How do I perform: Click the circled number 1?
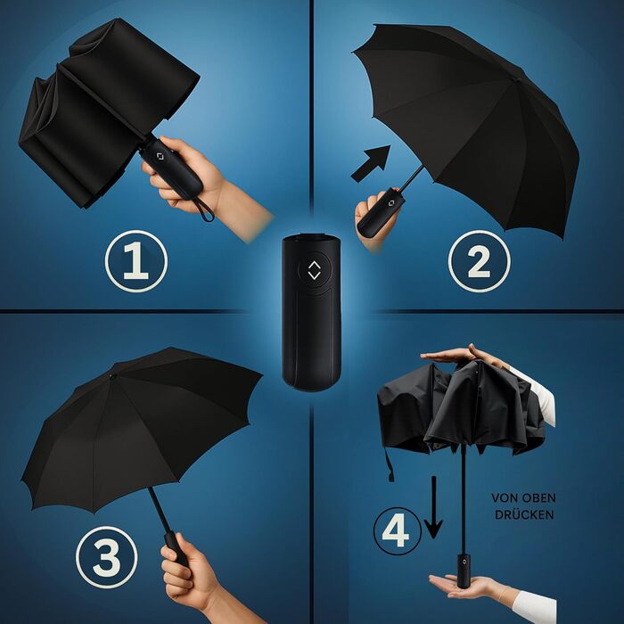136,261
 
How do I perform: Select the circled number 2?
479,261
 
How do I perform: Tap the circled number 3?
107,557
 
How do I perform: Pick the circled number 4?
397,531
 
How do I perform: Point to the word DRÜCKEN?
524,514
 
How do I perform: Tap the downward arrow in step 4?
433,507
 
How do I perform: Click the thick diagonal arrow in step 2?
371,164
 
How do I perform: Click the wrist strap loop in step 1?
204,209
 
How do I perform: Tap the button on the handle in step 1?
160,156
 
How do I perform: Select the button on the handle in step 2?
390,203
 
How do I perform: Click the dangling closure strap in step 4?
390,464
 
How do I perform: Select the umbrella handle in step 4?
464,571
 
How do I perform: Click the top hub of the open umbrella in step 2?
516,79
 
